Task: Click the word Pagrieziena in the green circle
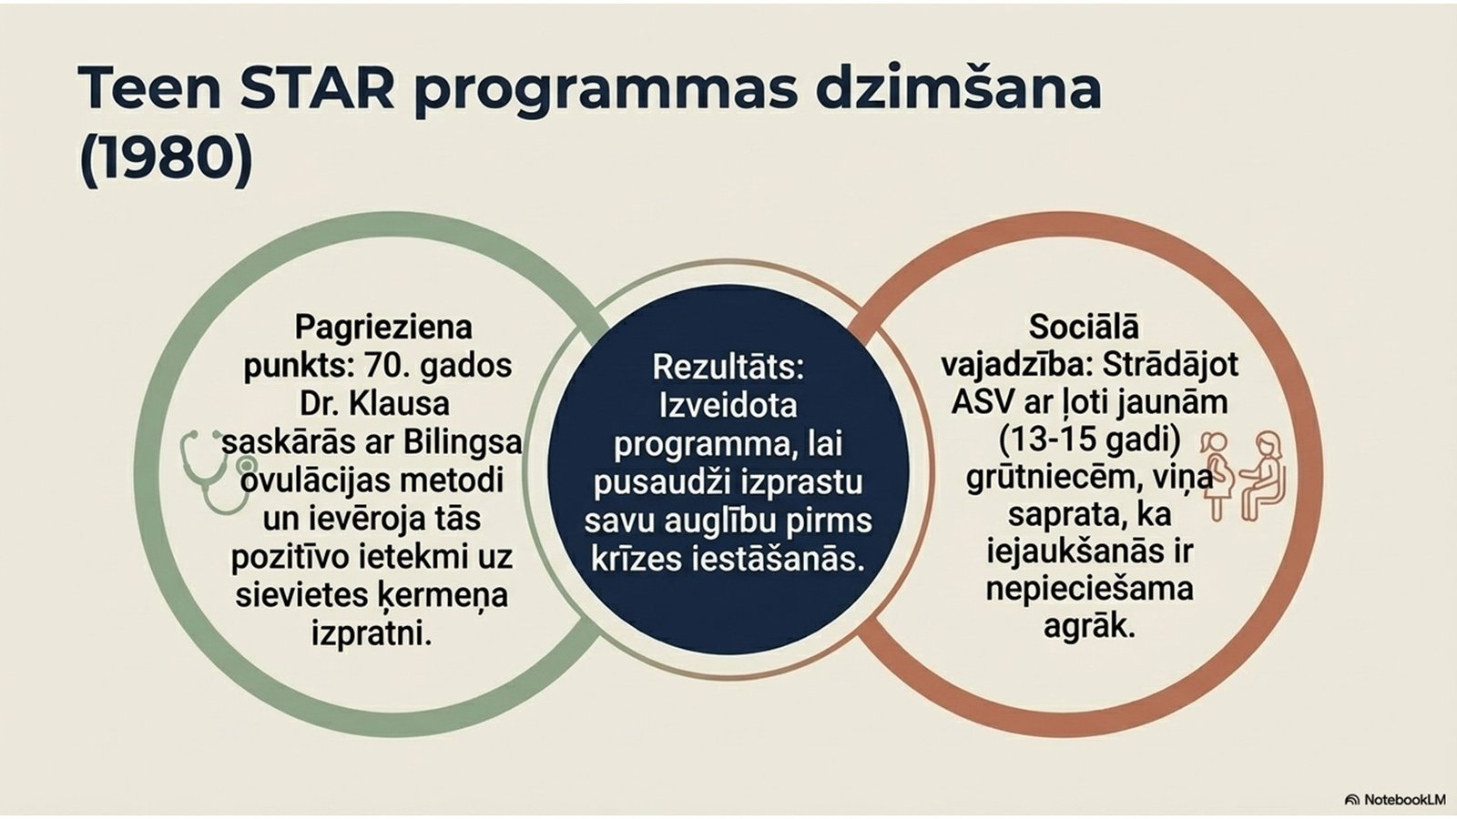pos(383,327)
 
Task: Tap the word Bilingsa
pos(463,442)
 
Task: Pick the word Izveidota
pos(728,406)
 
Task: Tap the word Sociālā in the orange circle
pos(1084,327)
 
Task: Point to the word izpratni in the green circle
pos(372,633)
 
